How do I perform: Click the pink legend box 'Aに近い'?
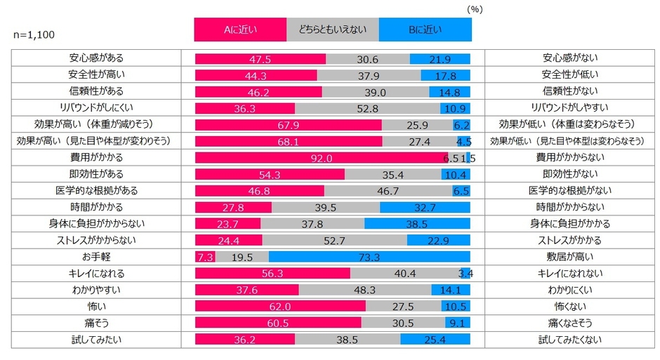(x=240, y=29)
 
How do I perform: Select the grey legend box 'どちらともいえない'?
(x=332, y=29)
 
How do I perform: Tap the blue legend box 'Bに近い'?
(x=425, y=29)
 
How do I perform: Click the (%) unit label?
(x=475, y=9)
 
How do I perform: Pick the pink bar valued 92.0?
(x=321, y=159)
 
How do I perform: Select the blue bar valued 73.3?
(x=369, y=257)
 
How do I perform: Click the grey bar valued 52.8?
(x=367, y=109)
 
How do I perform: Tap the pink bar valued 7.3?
(x=204, y=257)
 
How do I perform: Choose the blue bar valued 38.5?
(x=417, y=224)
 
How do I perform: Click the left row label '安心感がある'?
(x=98, y=59)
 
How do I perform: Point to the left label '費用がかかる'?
(x=98, y=159)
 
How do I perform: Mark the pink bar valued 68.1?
(x=288, y=142)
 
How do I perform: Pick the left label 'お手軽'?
(x=98, y=257)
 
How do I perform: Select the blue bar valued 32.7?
(x=425, y=208)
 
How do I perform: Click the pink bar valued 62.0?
(x=279, y=306)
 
